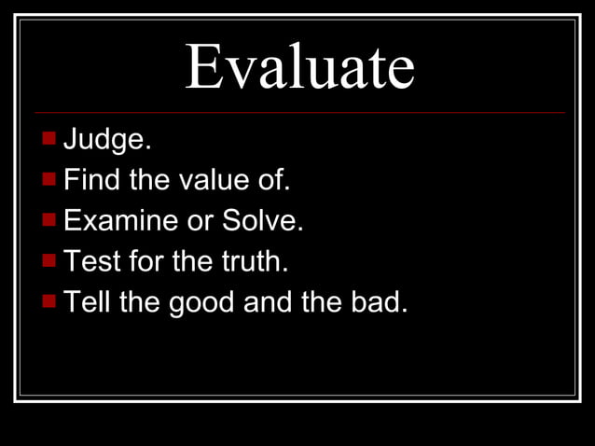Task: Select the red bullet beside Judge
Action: coord(49,138)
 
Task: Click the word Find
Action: coord(92,180)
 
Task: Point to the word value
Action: coord(208,180)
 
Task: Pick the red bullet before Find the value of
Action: coord(49,178)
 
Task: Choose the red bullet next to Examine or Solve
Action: coord(49,219)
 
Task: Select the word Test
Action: coord(93,261)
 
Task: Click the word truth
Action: coord(255,261)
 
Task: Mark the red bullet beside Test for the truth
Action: coord(49,260)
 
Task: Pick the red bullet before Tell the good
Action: coord(49,300)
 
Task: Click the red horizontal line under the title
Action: coord(299,113)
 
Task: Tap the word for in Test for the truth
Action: coord(148,261)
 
